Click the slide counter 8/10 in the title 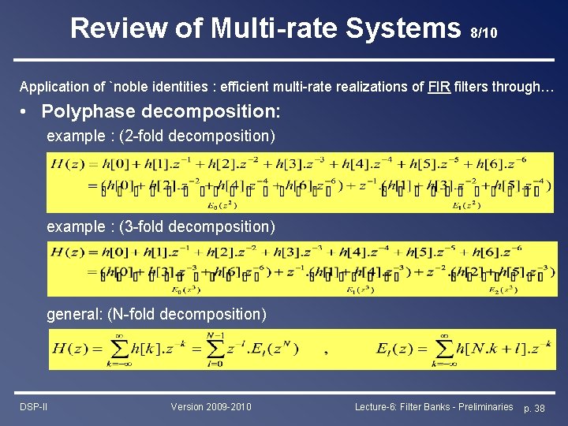[483, 34]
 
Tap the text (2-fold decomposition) [196, 136]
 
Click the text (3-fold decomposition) [196, 226]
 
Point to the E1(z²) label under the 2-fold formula [468, 205]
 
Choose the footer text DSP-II [34, 406]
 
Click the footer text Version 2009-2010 [211, 406]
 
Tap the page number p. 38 [534, 407]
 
